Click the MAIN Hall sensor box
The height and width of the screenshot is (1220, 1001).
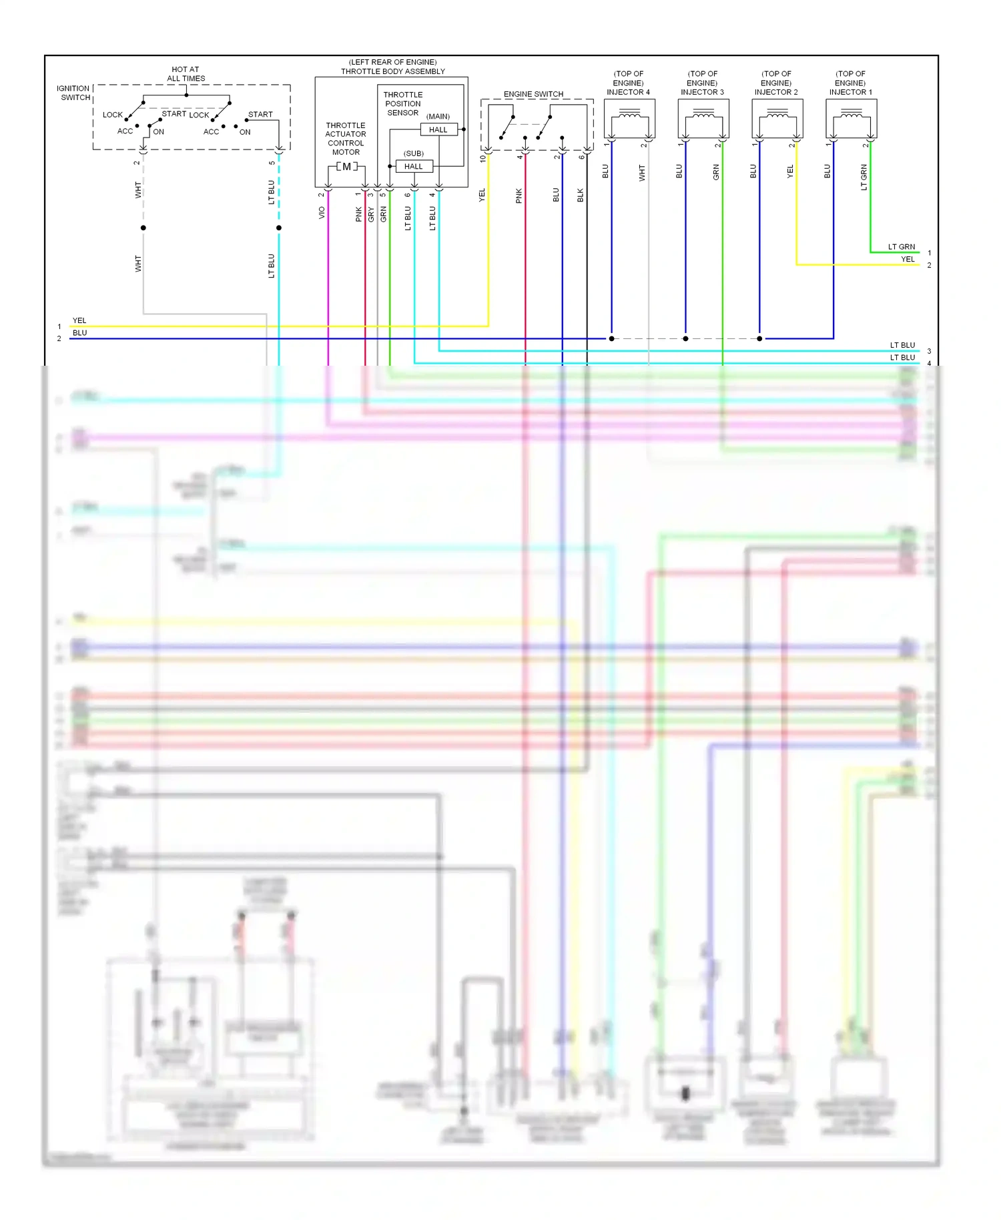[438, 129]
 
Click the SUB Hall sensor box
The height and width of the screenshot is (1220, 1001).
[414, 166]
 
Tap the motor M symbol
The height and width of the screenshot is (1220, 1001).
[346, 166]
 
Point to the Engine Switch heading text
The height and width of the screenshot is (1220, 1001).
[533, 94]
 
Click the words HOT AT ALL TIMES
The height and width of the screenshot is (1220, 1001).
[186, 74]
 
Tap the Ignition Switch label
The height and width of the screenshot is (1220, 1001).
[73, 93]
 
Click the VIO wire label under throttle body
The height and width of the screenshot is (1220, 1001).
[322, 212]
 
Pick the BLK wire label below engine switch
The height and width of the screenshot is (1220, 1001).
[581, 195]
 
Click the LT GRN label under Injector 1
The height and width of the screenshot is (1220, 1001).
[864, 178]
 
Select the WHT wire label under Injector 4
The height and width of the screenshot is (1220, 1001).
[642, 174]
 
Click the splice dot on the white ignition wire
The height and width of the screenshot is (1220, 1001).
[143, 228]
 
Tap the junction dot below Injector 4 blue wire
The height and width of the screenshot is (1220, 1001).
[612, 338]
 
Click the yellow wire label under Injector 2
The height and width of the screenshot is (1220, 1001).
[790, 172]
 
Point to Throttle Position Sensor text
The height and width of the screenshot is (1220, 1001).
[403, 104]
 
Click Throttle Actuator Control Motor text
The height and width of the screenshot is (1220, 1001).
[346, 139]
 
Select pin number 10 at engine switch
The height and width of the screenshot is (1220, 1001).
[482, 159]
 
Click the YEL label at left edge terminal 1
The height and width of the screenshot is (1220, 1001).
[79, 320]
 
